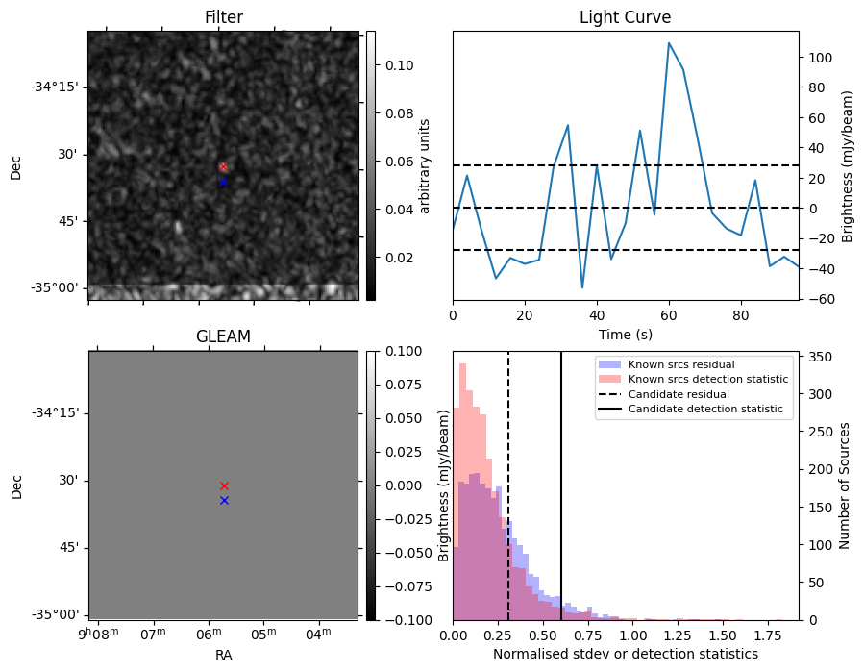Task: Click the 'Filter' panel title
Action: [223, 17]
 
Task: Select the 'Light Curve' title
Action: [625, 17]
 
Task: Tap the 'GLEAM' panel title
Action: [223, 336]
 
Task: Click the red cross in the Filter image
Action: [223, 167]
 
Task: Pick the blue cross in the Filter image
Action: [223, 182]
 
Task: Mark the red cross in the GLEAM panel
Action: [224, 485]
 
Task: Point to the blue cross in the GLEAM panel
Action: [224, 500]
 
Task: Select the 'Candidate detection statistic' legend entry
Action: [704, 410]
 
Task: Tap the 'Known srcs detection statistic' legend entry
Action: [707, 380]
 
